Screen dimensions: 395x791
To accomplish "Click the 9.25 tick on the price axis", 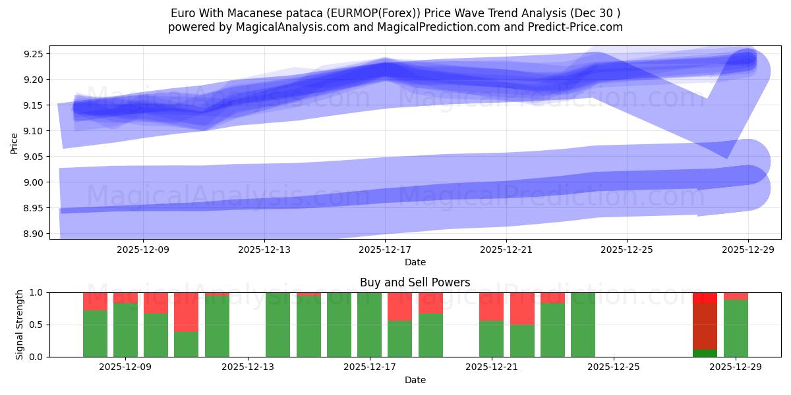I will pyautogui.click(x=33, y=54).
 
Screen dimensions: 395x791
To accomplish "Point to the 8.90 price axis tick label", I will pyautogui.click(x=33, y=234).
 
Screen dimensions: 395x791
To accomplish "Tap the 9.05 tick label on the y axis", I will pyautogui.click(x=33, y=157).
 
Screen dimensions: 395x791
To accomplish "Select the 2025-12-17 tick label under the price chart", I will pyautogui.click(x=385, y=250).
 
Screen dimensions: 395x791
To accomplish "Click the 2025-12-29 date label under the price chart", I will pyautogui.click(x=748, y=250).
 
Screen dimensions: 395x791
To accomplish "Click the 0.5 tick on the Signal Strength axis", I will pyautogui.click(x=37, y=325).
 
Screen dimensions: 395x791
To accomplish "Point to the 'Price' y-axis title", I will pyautogui.click(x=15, y=143).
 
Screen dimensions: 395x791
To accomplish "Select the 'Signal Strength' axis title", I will pyautogui.click(x=20, y=325).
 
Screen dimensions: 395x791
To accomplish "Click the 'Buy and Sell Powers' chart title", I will pyautogui.click(x=415, y=282).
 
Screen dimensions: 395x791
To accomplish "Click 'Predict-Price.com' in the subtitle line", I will pyautogui.click(x=576, y=27).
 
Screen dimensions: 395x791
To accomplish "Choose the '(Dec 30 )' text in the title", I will pyautogui.click(x=597, y=13).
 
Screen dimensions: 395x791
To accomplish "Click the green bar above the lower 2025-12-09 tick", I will pyautogui.click(x=125, y=329).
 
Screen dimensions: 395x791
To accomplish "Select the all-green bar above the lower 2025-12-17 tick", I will pyautogui.click(x=369, y=325).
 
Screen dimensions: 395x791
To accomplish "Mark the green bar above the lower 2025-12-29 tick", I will pyautogui.click(x=736, y=328).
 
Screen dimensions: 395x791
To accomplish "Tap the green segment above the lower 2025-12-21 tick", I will pyautogui.click(x=491, y=338).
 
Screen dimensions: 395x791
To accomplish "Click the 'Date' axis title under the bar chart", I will pyautogui.click(x=415, y=380).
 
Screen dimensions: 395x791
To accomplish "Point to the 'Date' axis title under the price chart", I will pyautogui.click(x=415, y=262).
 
